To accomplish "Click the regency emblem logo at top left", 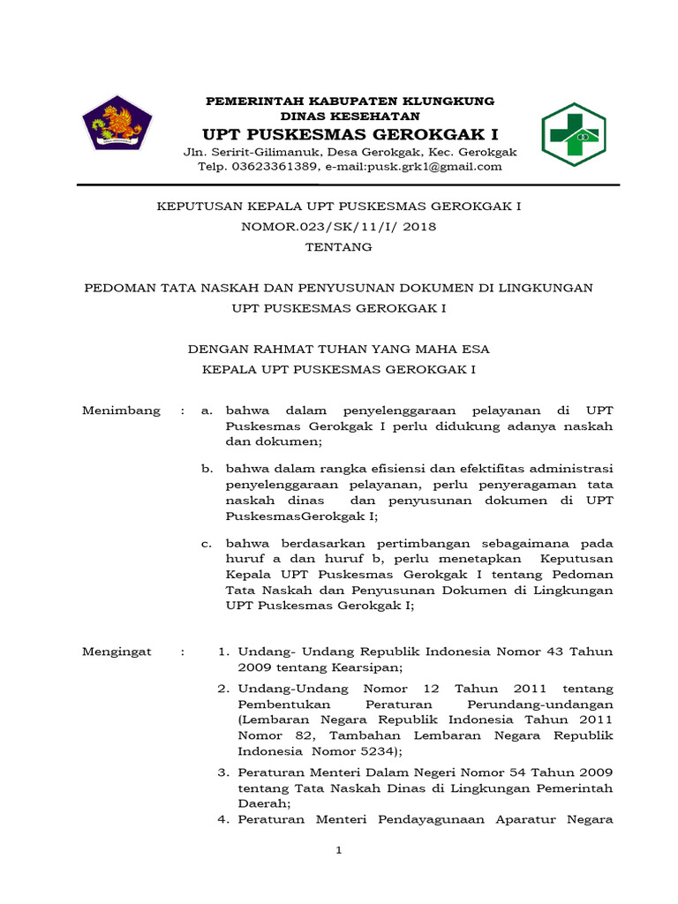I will click(x=117, y=123).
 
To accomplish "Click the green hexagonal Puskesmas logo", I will click(x=573, y=134).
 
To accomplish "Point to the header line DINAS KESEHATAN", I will click(x=350, y=116).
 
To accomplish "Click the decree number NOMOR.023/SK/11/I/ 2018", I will click(x=339, y=226).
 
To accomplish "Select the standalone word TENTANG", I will click(x=339, y=247).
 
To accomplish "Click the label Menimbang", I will click(x=122, y=411).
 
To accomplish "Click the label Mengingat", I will click(x=117, y=652).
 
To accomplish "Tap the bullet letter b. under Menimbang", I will click(x=206, y=468).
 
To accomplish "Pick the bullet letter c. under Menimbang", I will click(x=206, y=542).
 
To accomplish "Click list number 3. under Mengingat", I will click(x=223, y=772).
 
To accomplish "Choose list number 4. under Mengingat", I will click(x=223, y=819).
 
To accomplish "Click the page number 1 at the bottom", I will click(x=338, y=850).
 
